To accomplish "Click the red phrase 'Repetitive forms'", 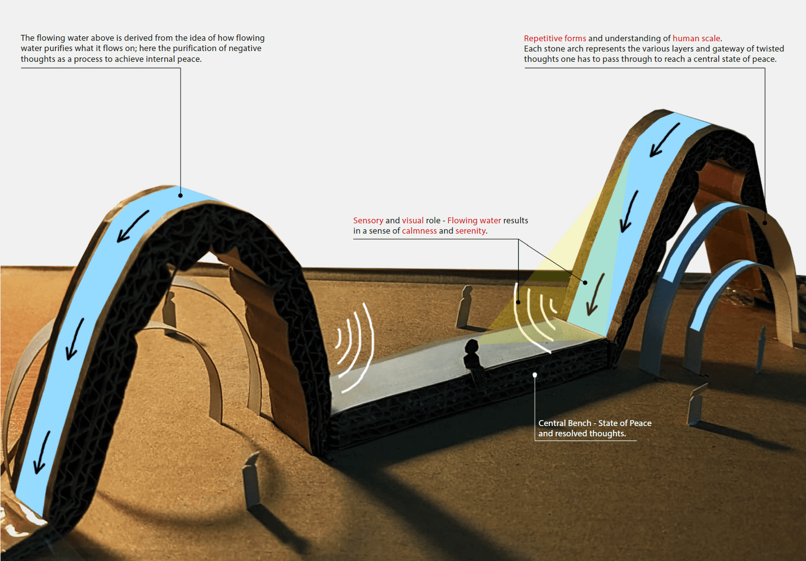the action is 554,38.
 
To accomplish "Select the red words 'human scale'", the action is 696,38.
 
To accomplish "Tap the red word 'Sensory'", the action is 368,220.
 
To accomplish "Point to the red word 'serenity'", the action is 470,231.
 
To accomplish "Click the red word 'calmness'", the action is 419,231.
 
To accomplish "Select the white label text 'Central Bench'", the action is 564,423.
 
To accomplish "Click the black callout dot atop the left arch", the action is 181,195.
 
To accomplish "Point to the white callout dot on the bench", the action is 535,375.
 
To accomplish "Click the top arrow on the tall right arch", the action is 665,140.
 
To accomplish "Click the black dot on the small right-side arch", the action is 764,223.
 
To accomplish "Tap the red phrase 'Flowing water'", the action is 474,220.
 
